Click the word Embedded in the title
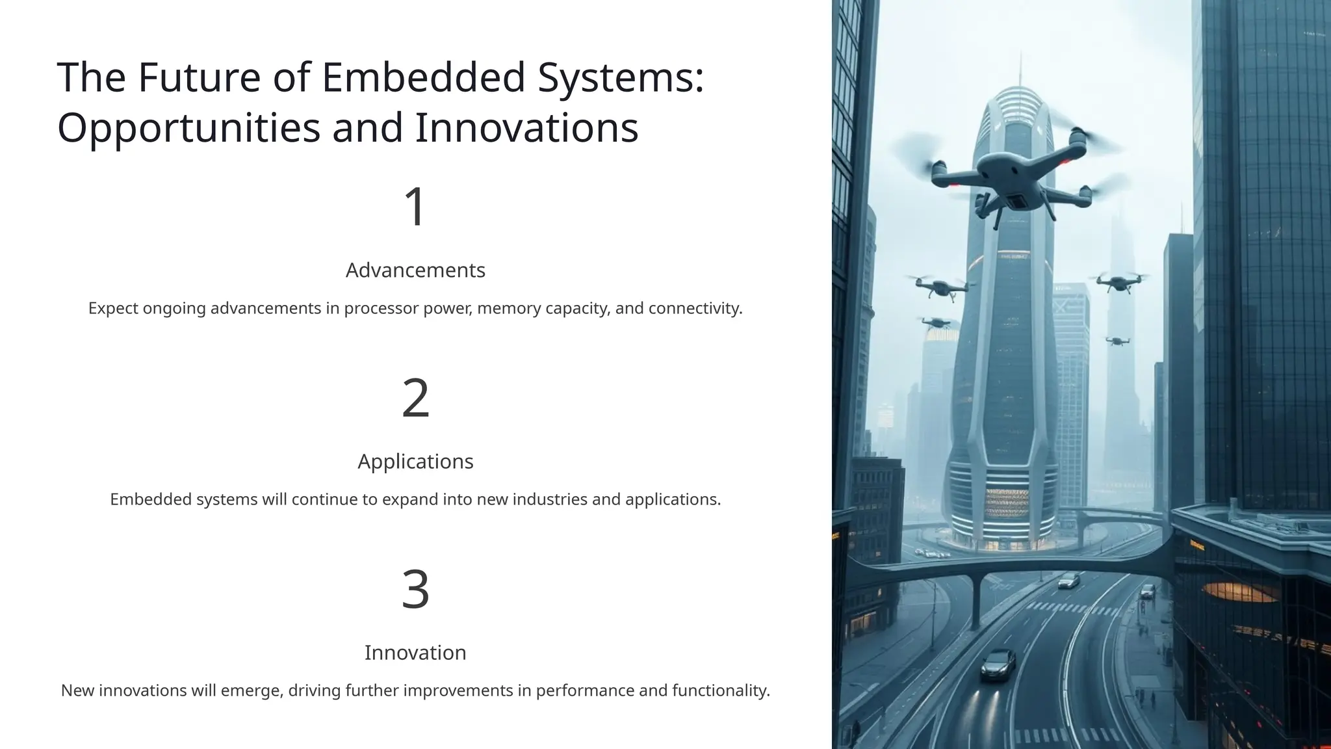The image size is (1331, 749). click(423, 77)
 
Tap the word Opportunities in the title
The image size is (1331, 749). click(189, 127)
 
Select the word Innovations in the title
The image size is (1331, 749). click(526, 127)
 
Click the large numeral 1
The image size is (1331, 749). click(415, 207)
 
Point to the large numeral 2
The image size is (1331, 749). click(415, 398)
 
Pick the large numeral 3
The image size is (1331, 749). click(415, 589)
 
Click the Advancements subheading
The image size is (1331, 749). click(415, 270)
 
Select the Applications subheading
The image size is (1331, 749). click(415, 461)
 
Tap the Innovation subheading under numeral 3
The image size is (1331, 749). click(415, 652)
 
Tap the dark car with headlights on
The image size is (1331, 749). click(998, 663)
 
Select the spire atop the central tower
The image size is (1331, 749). click(1020, 72)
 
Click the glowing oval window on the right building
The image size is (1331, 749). click(1240, 592)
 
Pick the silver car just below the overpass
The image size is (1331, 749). click(1068, 581)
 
